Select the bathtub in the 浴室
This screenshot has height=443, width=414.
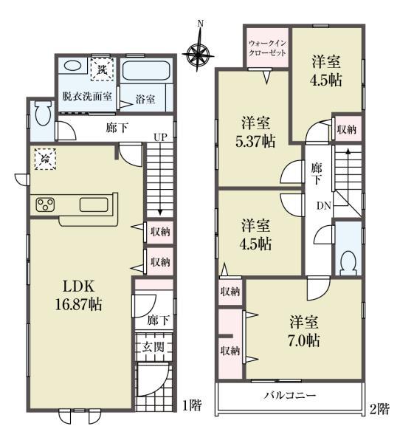point(146,72)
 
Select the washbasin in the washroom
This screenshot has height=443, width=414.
point(72,66)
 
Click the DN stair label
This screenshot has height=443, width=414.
point(324,205)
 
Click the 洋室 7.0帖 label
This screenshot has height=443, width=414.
point(304,332)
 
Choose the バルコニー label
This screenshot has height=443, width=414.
point(291,396)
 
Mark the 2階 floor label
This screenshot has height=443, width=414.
point(380,407)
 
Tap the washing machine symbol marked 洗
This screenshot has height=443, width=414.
point(99,68)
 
